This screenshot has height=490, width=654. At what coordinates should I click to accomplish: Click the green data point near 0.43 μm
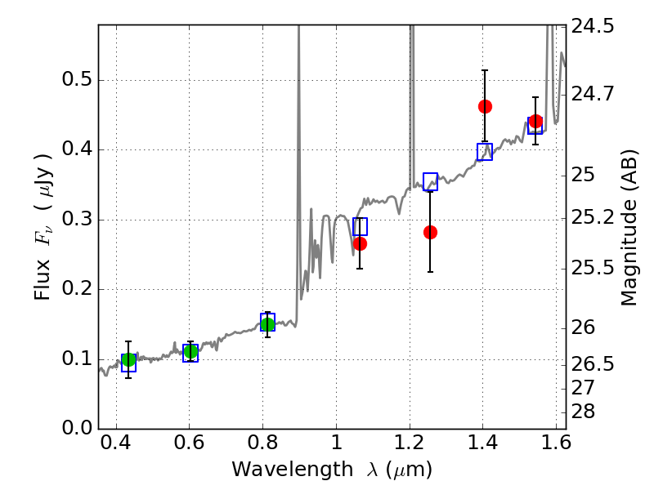[129, 359]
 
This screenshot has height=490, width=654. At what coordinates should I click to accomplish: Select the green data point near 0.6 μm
[190, 352]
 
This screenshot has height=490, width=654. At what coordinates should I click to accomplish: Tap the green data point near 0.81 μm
[267, 324]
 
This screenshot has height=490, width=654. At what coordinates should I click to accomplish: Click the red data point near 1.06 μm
[360, 243]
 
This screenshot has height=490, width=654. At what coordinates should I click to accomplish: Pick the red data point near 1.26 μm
[431, 233]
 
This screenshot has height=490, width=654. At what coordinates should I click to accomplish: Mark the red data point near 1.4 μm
[485, 107]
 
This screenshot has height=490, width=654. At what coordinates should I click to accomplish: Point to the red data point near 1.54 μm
[535, 121]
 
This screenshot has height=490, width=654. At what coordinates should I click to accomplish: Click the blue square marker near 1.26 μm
[431, 181]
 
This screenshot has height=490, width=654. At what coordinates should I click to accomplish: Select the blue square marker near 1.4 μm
[485, 152]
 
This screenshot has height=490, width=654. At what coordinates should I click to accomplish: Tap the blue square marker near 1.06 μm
[360, 226]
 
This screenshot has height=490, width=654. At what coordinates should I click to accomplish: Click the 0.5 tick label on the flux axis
[77, 79]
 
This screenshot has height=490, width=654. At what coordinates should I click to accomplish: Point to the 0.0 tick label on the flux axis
[77, 428]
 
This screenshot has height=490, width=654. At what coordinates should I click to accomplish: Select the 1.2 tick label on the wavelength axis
[410, 443]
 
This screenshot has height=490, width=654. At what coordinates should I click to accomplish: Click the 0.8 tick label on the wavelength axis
[262, 443]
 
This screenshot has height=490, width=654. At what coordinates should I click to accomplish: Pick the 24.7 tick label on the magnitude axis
[593, 94]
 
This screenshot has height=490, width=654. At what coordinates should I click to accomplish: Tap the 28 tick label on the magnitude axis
[583, 412]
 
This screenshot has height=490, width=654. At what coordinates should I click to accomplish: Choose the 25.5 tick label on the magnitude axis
[593, 268]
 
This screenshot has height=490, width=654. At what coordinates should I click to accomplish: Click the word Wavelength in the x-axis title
[293, 470]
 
